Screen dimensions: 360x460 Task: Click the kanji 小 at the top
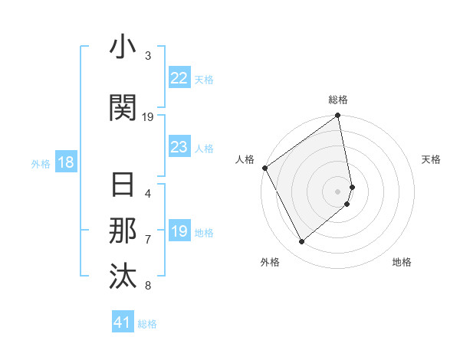(123, 47)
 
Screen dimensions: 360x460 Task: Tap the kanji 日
(123, 185)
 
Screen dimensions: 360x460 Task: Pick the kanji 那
(123, 231)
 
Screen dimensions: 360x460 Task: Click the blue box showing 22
(179, 78)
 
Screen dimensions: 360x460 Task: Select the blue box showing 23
(179, 147)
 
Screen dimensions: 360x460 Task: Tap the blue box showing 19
(179, 231)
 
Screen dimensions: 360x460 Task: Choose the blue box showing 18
(65, 162)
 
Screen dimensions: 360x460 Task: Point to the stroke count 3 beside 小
(148, 56)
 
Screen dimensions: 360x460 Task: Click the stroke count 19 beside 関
(148, 116)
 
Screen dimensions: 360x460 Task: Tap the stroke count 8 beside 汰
(148, 286)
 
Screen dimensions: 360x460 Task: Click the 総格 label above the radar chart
(338, 100)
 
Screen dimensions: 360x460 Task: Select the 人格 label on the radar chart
(245, 159)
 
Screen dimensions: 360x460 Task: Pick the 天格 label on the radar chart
(432, 159)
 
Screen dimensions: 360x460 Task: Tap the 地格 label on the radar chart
(402, 262)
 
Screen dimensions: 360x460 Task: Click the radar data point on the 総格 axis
(338, 116)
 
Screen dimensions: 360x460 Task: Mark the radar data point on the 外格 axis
(301, 241)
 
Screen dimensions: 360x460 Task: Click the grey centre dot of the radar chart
(338, 191)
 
